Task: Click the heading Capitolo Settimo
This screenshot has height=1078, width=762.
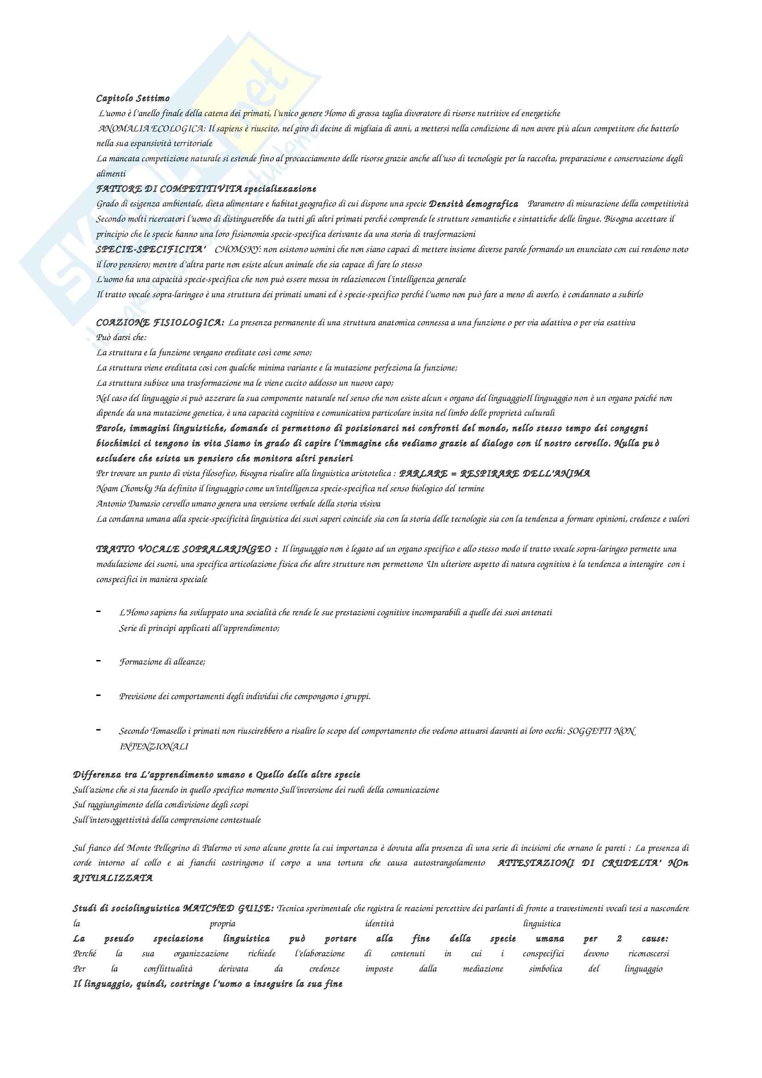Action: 133,99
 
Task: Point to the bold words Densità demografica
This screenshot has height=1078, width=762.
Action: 474,204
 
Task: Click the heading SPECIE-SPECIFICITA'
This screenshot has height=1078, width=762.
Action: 151,250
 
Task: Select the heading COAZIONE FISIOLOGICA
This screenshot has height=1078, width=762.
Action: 160,323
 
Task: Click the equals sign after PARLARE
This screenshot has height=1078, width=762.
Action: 454,474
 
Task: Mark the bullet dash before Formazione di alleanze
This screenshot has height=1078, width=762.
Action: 99,661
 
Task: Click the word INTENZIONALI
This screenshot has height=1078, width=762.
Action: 154,747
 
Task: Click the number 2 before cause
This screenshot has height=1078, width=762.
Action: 619,939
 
